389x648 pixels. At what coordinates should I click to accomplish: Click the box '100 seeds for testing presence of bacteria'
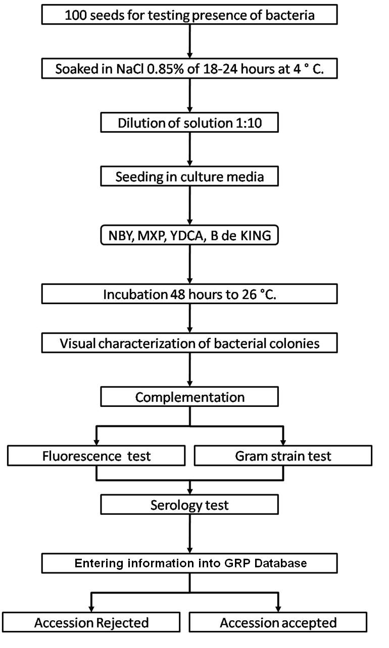pos(189,15)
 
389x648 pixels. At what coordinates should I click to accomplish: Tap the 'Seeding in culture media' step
pos(189,178)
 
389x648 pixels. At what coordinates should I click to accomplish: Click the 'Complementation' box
pos(189,397)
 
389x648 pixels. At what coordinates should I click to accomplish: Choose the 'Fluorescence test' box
pos(96,456)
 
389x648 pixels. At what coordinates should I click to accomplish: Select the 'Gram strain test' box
pos(283,456)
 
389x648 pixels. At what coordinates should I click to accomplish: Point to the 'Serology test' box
pos(189,504)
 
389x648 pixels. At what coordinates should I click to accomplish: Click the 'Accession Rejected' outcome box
pos(91,623)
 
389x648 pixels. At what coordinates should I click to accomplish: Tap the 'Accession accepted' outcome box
pos(278,623)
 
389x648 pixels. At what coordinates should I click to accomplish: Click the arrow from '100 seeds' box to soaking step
pos(189,41)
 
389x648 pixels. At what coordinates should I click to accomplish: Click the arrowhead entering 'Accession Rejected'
pos(91,607)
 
